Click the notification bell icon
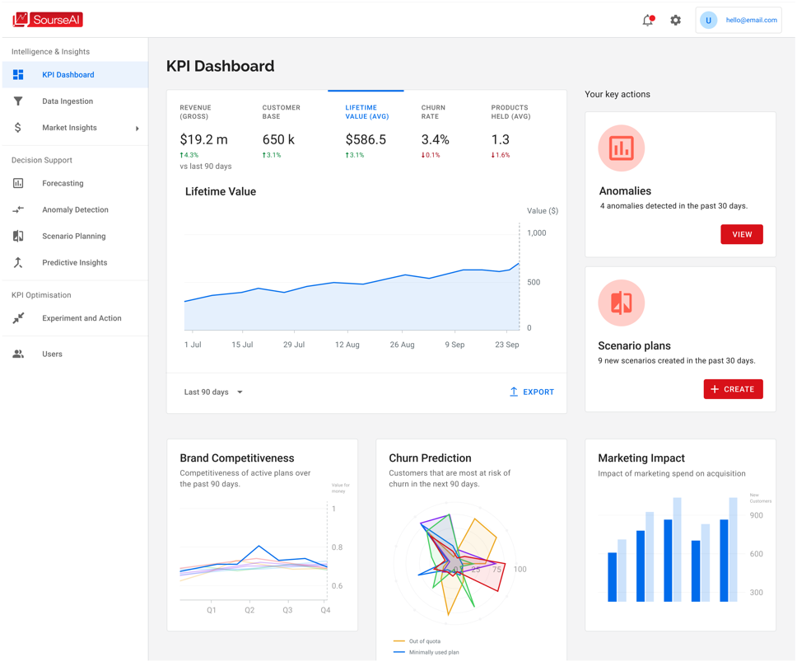pos(648,21)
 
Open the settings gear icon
pos(675,21)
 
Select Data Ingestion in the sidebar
pos(68,101)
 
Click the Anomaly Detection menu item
pos(75,209)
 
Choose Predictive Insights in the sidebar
pos(75,262)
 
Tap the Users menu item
pos(53,354)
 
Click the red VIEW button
pos(742,234)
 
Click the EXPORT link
pos(532,392)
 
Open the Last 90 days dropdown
pos(213,392)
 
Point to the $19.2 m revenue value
pos(204,139)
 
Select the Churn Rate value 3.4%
pos(435,139)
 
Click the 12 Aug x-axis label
pos(347,345)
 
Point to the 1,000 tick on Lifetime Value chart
pos(537,233)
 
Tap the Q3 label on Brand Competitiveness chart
pos(287,609)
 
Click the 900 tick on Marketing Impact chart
pos(757,515)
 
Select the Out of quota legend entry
pos(417,641)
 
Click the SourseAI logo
pos(47,20)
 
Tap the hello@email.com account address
pos(751,21)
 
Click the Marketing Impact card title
pos(641,458)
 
